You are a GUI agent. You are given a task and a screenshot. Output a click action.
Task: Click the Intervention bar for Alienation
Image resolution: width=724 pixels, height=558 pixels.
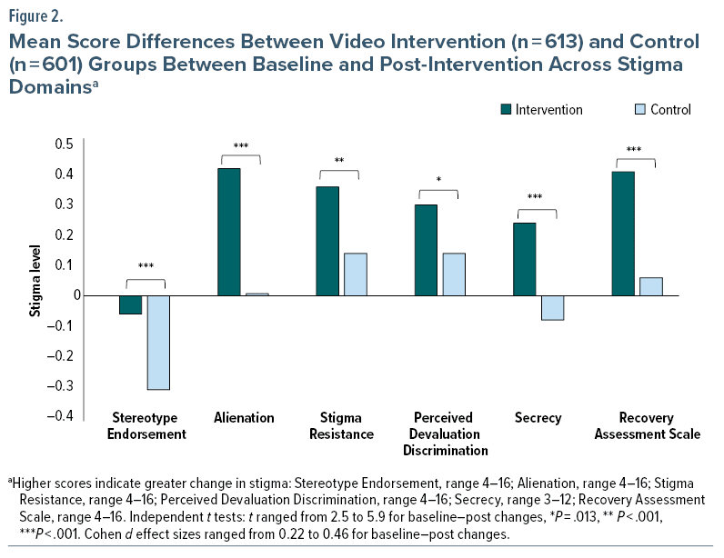pyautogui.click(x=228, y=232)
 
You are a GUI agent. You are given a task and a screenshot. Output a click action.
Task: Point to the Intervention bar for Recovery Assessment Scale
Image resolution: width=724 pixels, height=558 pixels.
pyautogui.click(x=623, y=234)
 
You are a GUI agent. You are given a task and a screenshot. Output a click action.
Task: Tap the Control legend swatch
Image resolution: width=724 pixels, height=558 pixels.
pyautogui.click(x=639, y=110)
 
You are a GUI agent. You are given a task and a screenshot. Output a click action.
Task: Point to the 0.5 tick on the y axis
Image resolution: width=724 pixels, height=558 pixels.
pyautogui.click(x=63, y=144)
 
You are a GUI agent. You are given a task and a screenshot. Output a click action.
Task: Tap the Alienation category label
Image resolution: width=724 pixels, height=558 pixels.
pyautogui.click(x=244, y=418)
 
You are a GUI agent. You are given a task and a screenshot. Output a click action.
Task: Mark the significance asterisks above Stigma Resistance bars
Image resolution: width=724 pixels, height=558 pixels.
pyautogui.click(x=338, y=161)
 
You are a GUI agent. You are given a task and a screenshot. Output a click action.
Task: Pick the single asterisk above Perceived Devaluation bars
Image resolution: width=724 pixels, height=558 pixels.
pyautogui.click(x=438, y=180)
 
